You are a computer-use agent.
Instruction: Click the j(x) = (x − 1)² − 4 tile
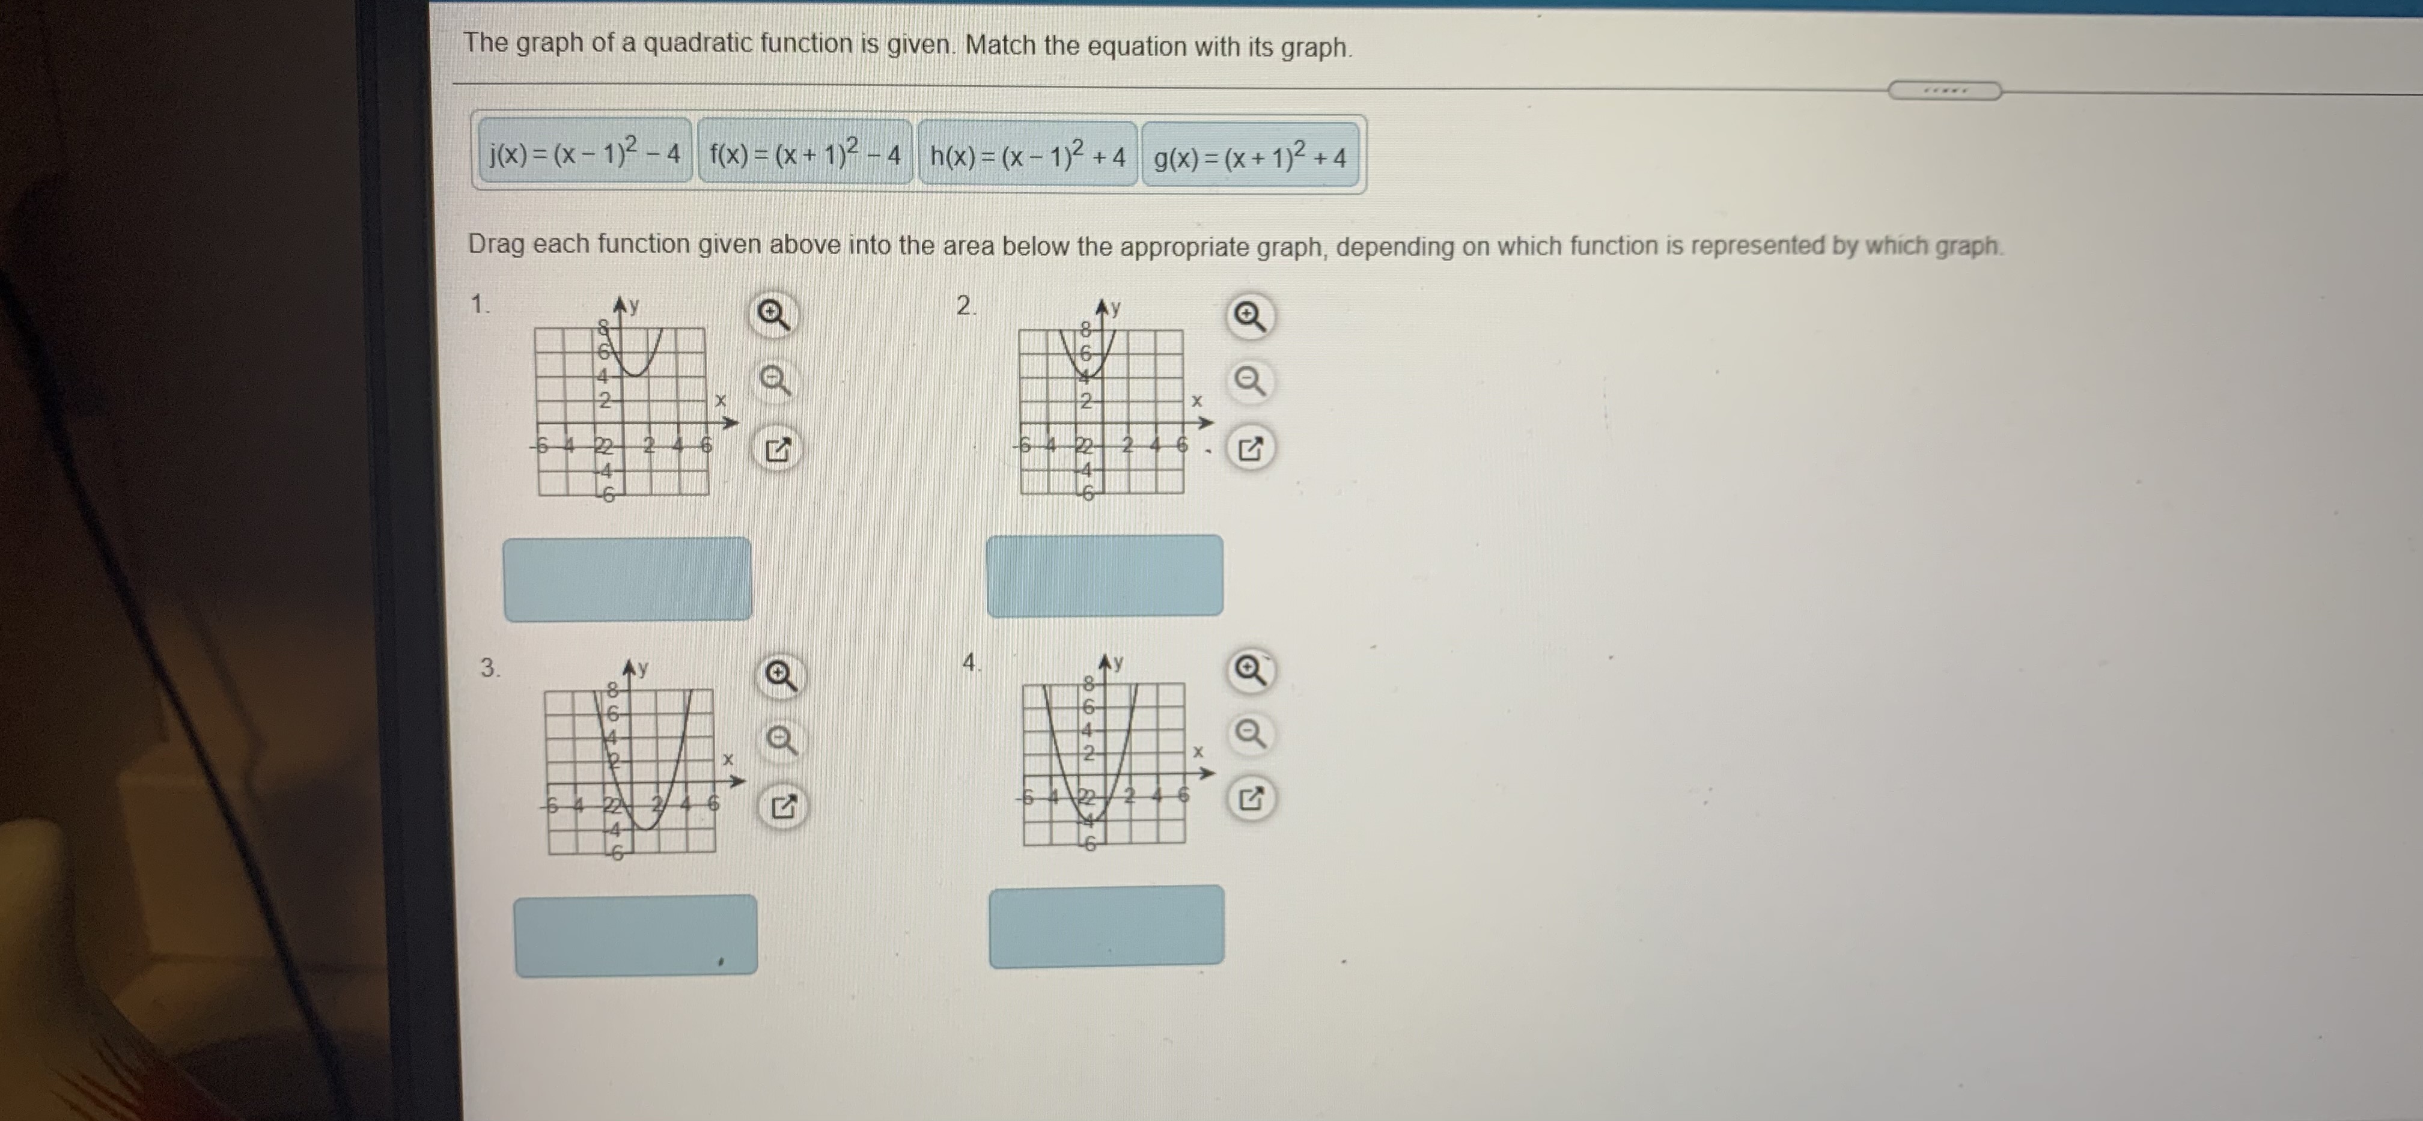(x=584, y=153)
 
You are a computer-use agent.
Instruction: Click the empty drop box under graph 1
(x=627, y=579)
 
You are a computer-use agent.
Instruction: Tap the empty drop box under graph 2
(x=1105, y=576)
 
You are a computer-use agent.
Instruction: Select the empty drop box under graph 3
(x=635, y=935)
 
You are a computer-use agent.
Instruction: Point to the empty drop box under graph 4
(x=1106, y=926)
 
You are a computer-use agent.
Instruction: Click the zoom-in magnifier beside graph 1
(x=773, y=315)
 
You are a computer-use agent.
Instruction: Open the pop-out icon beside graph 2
(x=1249, y=449)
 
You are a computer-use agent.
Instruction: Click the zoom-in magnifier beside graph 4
(x=1249, y=670)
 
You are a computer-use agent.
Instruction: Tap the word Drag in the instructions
(x=496, y=243)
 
